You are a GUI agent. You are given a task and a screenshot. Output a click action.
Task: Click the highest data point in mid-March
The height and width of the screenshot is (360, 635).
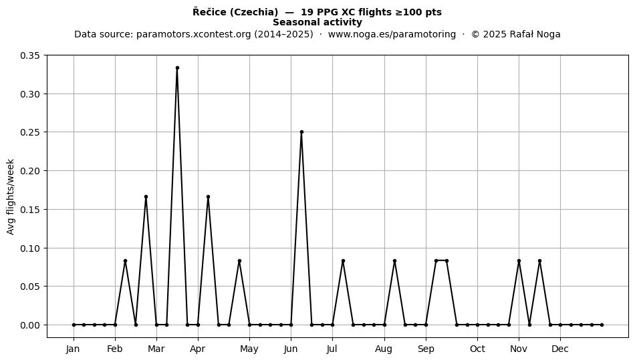click(x=177, y=68)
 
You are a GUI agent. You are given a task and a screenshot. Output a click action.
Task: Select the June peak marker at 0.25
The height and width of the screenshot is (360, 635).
click(x=301, y=132)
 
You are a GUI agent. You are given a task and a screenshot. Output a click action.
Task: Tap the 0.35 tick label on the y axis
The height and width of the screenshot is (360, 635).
click(x=30, y=55)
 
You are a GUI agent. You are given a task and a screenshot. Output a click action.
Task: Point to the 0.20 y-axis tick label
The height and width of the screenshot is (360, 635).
click(x=30, y=171)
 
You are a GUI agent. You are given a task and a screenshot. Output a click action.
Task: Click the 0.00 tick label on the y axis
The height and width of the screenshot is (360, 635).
click(x=30, y=325)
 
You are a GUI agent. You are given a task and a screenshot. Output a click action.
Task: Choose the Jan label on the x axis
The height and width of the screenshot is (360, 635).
click(x=74, y=349)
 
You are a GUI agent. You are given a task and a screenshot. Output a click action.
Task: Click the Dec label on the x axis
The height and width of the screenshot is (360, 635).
click(x=561, y=349)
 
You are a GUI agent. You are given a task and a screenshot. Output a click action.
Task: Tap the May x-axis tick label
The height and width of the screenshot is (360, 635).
click(x=249, y=349)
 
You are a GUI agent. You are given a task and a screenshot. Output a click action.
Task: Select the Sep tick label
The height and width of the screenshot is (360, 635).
click(x=426, y=349)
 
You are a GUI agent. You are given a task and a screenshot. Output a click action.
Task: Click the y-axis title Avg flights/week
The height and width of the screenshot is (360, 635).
click(x=11, y=196)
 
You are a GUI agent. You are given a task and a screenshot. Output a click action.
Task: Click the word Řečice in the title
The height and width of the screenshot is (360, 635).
click(x=210, y=12)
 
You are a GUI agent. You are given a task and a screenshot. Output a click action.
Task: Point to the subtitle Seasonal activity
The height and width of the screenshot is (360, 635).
click(x=317, y=22)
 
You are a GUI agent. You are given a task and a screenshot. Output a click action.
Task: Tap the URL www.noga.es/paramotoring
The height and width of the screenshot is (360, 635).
click(x=392, y=34)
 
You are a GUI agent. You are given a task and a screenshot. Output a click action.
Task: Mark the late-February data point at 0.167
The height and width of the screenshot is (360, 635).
click(x=146, y=196)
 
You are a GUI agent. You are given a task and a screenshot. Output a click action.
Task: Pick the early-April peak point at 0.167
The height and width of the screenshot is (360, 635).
click(x=208, y=196)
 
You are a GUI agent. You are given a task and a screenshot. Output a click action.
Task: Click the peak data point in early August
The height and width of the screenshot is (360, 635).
click(x=395, y=261)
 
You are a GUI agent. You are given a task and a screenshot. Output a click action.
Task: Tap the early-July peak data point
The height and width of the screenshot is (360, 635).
click(x=343, y=261)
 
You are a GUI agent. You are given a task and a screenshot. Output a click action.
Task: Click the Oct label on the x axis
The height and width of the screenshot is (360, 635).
click(x=478, y=349)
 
